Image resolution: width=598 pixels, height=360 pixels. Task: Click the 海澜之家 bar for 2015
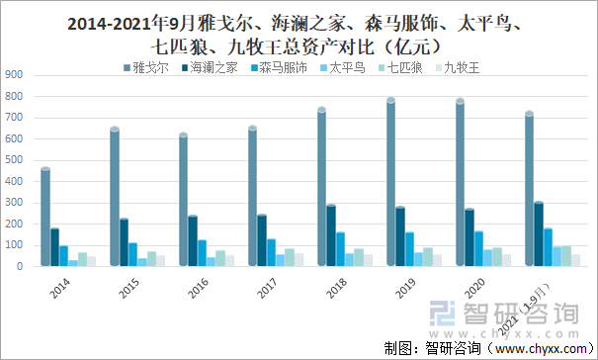tap(125, 242)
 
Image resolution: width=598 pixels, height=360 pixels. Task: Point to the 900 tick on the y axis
tap(14, 75)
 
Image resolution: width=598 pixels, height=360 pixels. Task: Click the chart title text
tap(299, 33)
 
